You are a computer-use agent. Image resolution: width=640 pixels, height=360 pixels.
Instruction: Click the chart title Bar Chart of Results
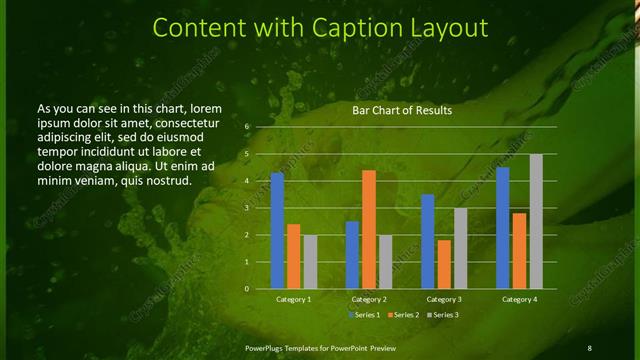point(401,110)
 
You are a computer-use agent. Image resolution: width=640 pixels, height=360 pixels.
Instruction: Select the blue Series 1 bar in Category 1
point(277,231)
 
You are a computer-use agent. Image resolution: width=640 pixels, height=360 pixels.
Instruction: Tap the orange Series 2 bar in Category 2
point(369,229)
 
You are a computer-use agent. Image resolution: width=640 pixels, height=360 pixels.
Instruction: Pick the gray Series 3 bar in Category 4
point(536,221)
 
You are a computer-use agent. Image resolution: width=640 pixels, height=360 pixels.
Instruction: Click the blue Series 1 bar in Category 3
point(428,241)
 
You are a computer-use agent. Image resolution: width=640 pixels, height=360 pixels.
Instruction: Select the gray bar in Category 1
point(310,261)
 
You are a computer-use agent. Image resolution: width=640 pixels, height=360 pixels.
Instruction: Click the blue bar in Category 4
point(503,227)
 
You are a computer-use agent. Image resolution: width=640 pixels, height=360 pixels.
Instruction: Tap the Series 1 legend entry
point(365,315)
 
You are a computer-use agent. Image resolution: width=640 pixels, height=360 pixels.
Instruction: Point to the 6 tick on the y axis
point(246,128)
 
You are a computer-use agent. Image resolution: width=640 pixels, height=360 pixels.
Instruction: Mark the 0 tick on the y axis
point(246,289)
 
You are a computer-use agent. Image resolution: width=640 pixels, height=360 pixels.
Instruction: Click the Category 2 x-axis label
point(369,299)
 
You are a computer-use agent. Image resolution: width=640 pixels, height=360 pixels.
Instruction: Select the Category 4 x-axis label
point(519,299)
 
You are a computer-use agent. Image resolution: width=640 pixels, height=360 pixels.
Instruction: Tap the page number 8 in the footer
point(589,347)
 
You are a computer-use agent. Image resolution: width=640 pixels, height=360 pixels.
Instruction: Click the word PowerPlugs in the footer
point(268,347)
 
